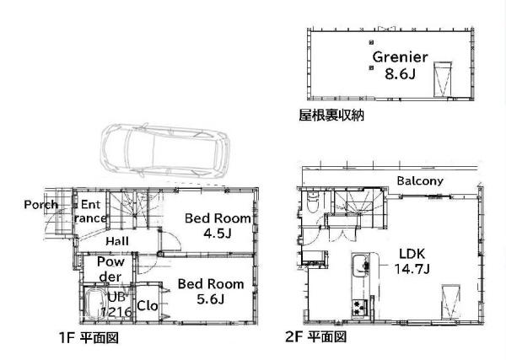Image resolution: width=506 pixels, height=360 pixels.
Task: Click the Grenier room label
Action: coord(400,57)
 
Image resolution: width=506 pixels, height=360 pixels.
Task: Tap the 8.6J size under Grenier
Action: coord(400,74)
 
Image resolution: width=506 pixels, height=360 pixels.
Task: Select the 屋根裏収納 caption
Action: coord(331,116)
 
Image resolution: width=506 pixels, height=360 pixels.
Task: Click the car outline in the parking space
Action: coord(165,151)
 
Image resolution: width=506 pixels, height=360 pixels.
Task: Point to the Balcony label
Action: coord(420,180)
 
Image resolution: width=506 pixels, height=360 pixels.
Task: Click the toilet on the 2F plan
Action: coord(312,202)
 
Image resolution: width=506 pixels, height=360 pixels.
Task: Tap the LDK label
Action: coord(412,254)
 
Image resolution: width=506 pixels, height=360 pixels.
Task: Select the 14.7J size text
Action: coord(412,269)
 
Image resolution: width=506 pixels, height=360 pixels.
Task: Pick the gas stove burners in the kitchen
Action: coord(360,307)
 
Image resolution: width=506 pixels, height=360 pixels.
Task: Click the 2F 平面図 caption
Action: coord(316,337)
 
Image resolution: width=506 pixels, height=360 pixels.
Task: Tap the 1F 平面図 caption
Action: coord(89,338)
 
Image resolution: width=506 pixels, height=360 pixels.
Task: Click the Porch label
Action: coord(41,205)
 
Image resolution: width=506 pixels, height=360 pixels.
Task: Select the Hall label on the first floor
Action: coord(117,241)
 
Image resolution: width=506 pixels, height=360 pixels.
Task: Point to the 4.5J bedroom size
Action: coord(218,234)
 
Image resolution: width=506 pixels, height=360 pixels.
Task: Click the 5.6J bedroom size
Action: coord(210,299)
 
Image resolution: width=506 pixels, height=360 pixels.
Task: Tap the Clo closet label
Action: coord(148,306)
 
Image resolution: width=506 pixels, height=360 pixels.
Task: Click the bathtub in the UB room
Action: coord(94,304)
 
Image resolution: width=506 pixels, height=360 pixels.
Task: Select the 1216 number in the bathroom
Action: coord(116,312)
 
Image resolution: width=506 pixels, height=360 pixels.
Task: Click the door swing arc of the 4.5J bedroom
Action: coord(176,239)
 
